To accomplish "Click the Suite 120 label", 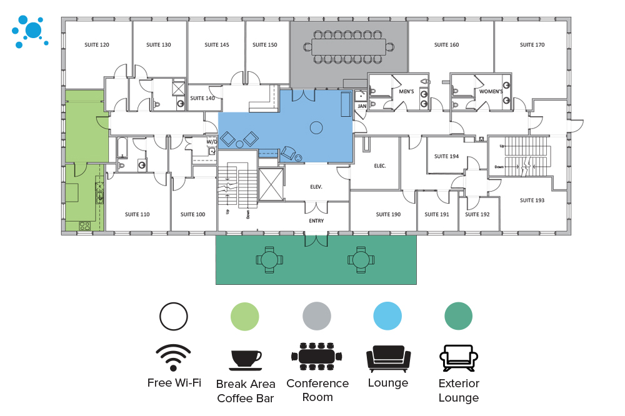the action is [x=96, y=44].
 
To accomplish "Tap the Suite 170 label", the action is [x=532, y=44].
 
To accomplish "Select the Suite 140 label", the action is [x=202, y=98].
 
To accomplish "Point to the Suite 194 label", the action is [x=446, y=156].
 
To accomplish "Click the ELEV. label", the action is [x=316, y=187].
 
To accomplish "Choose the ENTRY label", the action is [x=316, y=220].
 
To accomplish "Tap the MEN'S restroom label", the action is [x=406, y=91].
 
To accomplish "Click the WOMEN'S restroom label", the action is [x=491, y=91].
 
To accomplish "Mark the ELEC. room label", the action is [x=380, y=166].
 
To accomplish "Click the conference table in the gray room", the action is [x=348, y=47].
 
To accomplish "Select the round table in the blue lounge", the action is [x=316, y=127].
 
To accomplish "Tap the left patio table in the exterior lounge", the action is [x=269, y=260].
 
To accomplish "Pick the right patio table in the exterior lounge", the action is [x=361, y=260].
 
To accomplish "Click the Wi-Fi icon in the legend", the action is [x=173, y=357].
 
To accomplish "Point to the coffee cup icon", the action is [x=246, y=360].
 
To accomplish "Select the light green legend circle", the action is [x=245, y=317].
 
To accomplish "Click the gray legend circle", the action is [x=316, y=317].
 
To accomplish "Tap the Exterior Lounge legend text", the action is [x=458, y=390].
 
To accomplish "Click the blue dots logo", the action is [x=30, y=31].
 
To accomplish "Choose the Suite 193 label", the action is [x=532, y=200].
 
